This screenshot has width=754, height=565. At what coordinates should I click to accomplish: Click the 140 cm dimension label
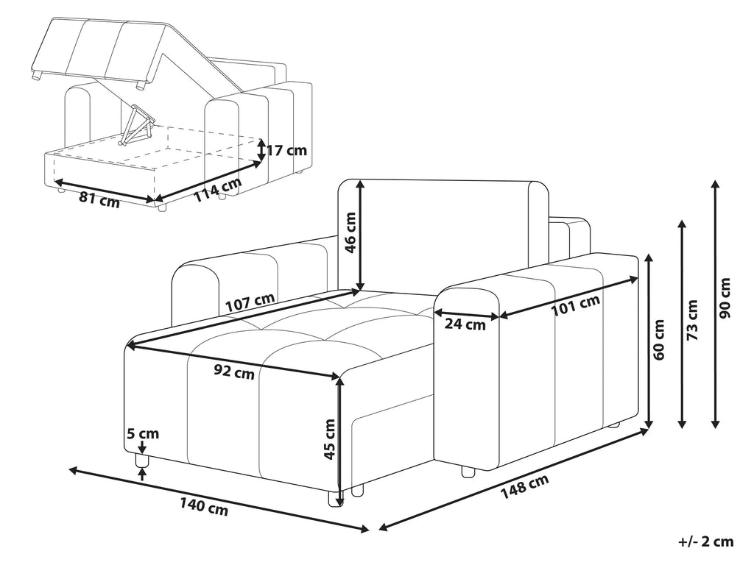(202, 505)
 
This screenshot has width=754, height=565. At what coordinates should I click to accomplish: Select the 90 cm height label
(726, 298)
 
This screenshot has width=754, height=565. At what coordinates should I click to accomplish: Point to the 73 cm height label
(692, 321)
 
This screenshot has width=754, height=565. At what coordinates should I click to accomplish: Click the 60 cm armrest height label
(660, 340)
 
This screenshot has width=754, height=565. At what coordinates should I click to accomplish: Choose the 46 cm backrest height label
(350, 232)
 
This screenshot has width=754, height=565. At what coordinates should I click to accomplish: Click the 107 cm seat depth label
(250, 302)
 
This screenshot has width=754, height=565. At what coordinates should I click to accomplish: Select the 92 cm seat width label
(234, 372)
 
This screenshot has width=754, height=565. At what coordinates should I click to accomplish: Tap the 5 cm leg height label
(142, 434)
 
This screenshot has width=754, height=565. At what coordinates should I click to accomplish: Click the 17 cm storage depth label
(286, 151)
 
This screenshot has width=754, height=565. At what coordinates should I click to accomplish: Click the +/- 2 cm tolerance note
(705, 542)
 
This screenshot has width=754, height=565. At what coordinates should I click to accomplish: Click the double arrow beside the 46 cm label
(360, 235)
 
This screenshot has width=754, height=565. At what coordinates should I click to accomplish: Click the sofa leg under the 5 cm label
(143, 462)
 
